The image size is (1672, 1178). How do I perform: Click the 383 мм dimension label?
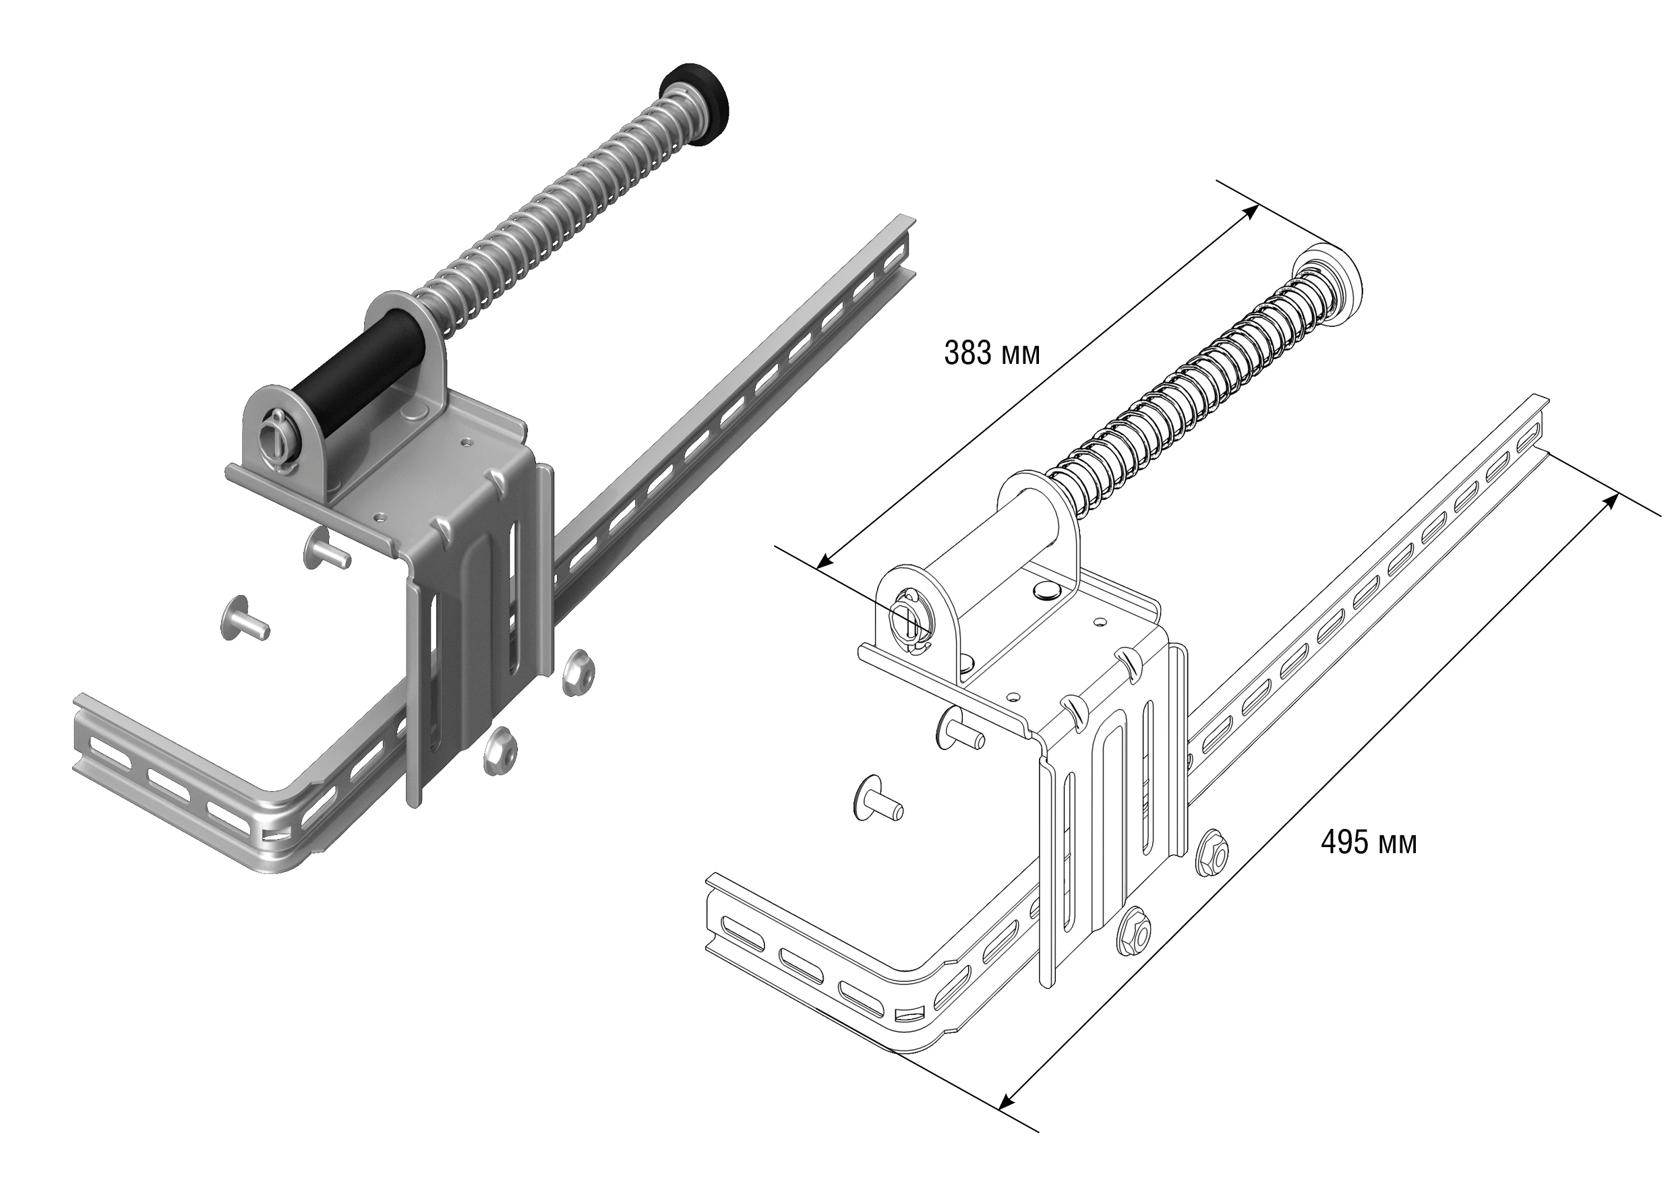tap(992, 353)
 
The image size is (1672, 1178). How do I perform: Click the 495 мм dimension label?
tap(1369, 843)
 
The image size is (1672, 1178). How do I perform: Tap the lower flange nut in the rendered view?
tap(502, 751)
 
